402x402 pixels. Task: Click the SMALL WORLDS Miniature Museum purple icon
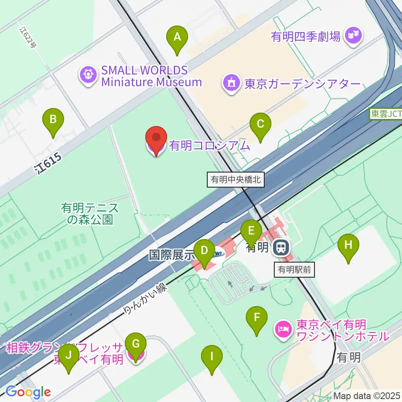click(x=88, y=75)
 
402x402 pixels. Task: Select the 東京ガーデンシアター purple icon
click(x=231, y=83)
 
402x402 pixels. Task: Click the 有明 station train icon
click(x=280, y=248)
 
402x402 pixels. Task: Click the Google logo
click(x=28, y=392)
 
